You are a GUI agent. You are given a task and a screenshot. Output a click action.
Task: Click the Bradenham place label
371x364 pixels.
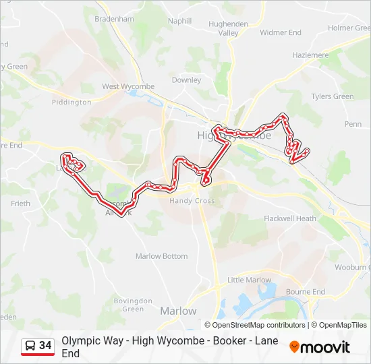click(x=114, y=20)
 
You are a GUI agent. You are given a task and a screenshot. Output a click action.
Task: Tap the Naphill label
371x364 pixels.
click(x=180, y=21)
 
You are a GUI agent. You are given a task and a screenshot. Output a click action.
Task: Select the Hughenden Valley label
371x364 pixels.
click(x=229, y=28)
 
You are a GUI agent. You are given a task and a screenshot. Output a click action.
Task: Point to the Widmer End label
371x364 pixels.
click(x=281, y=32)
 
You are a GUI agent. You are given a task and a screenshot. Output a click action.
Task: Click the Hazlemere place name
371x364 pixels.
click(x=310, y=55)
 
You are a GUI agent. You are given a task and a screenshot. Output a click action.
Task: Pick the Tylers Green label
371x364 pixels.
click(x=332, y=96)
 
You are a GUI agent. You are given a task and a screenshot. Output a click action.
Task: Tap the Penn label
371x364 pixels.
click(x=353, y=124)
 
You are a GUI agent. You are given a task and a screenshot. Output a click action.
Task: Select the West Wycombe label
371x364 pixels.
click(x=128, y=86)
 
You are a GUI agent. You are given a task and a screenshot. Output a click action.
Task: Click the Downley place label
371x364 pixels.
click(x=187, y=80)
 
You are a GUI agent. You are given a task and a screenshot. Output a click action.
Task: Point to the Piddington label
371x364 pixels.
click(x=72, y=102)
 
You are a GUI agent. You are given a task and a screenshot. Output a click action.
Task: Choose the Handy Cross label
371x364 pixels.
click(x=192, y=201)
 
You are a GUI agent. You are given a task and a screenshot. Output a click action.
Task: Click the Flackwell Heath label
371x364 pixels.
click(x=290, y=218)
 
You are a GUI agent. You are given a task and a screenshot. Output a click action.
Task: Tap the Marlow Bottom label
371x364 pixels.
click(x=162, y=256)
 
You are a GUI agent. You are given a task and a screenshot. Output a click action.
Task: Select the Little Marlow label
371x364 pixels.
click(x=249, y=280)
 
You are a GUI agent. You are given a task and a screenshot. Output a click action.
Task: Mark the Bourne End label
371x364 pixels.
click(x=306, y=292)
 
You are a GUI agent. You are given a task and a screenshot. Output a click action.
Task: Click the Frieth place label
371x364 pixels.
click(x=20, y=204)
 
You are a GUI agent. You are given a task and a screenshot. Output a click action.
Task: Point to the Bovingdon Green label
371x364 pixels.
click(x=128, y=305)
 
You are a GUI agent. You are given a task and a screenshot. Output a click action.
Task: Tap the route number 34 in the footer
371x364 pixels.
click(x=45, y=346)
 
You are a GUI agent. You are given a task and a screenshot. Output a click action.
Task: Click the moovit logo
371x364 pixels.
click(x=320, y=347)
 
